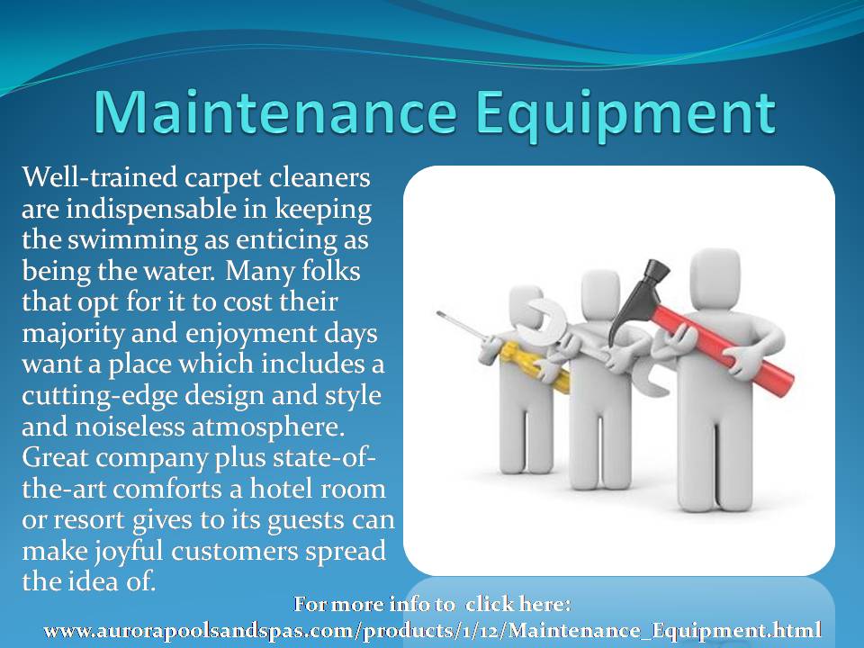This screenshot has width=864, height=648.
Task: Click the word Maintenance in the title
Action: pyautogui.click(x=275, y=112)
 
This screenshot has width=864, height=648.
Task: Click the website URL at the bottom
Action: pyautogui.click(x=433, y=629)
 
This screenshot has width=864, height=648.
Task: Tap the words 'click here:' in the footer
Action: pyautogui.click(x=517, y=604)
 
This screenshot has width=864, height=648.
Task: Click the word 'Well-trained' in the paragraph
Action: pyautogui.click(x=100, y=177)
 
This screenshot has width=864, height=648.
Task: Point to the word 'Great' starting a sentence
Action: pyautogui.click(x=55, y=457)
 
